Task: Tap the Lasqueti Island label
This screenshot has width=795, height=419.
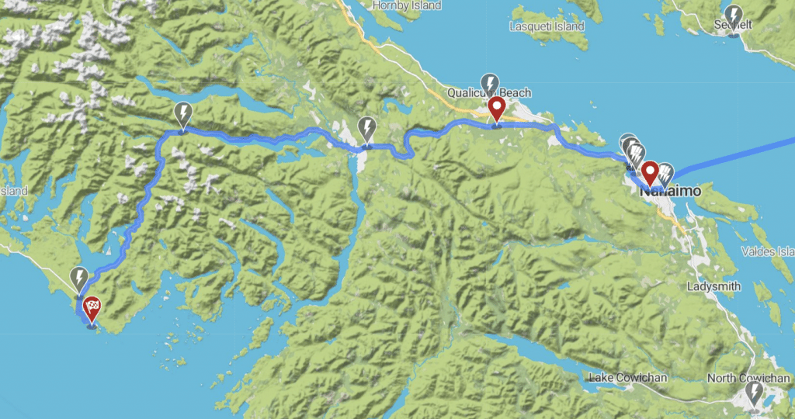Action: [x=546, y=26]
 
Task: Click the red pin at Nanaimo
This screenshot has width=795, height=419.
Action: [x=649, y=172]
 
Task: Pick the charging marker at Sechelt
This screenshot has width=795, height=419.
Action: [x=733, y=15]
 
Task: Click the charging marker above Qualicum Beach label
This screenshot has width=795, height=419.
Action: [x=490, y=83]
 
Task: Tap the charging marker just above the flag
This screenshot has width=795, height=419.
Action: [x=79, y=277]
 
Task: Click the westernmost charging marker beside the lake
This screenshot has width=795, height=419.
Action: [x=182, y=114]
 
